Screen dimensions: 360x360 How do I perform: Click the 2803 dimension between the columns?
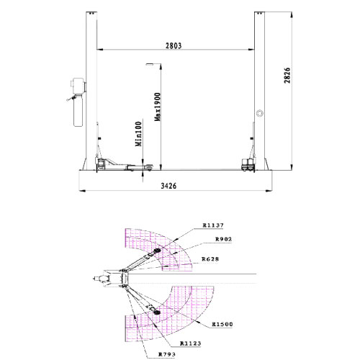174,45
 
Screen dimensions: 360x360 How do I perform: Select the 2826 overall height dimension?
287,76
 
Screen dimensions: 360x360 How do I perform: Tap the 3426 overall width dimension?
168,186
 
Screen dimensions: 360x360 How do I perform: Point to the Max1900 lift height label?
158,107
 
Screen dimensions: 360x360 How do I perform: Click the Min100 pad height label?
138,134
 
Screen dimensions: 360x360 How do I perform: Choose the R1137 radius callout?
213,225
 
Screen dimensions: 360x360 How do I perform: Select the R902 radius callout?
224,239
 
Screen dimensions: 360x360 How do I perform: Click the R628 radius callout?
210,259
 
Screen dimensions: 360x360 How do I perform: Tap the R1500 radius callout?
222,324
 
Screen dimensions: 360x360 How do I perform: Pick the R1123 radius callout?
190,343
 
